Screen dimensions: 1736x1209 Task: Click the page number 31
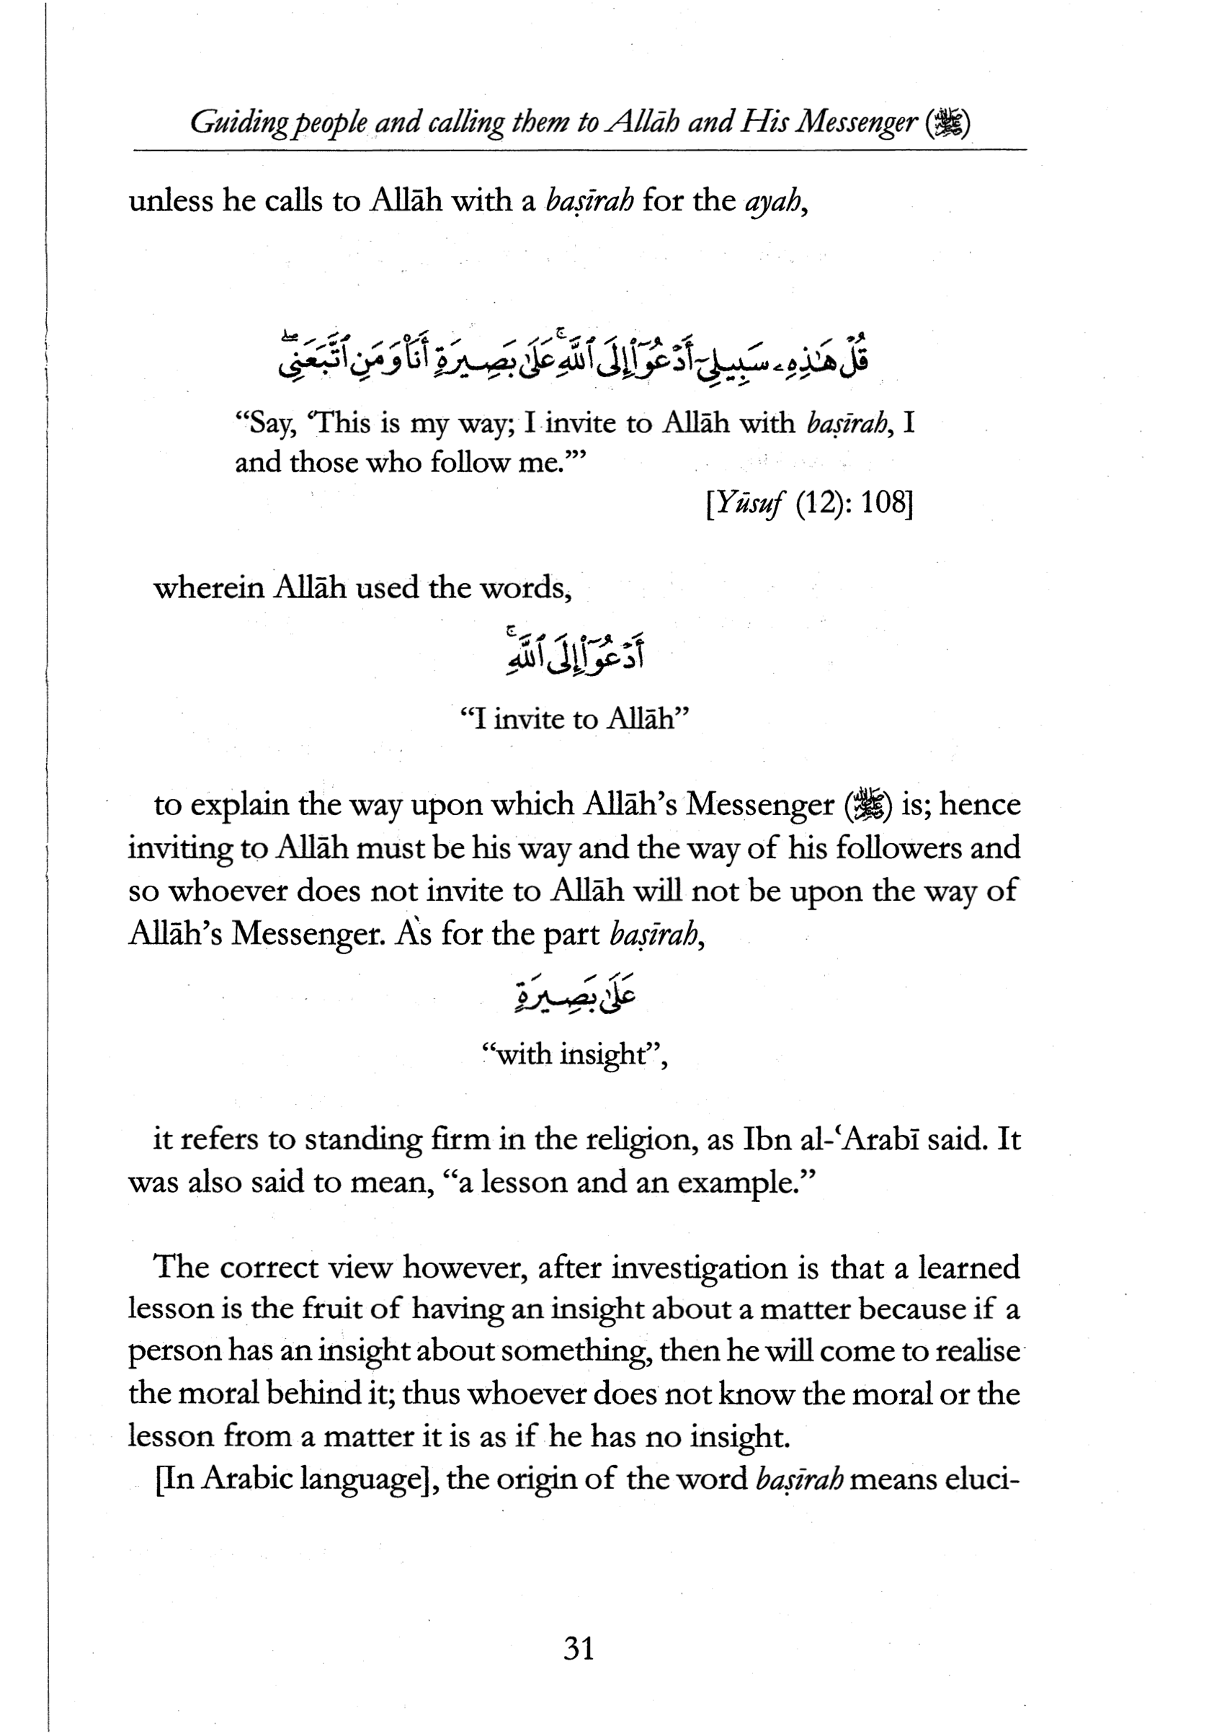tap(579, 1647)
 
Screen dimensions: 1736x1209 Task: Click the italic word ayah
tap(771, 201)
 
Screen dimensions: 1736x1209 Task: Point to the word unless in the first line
tap(171, 201)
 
